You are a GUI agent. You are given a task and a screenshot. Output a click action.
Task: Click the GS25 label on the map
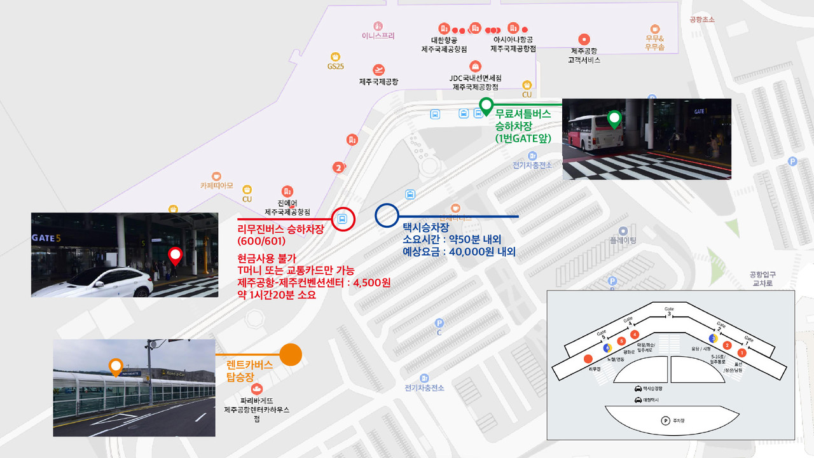(335, 66)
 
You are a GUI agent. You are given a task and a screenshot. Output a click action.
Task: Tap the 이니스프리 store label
(378, 36)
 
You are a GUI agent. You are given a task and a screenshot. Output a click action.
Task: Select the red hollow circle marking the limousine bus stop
(343, 219)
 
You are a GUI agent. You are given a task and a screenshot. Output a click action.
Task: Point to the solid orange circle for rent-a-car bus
(291, 354)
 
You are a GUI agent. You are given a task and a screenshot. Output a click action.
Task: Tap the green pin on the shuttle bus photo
(614, 119)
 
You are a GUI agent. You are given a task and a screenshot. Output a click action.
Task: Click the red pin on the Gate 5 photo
(175, 256)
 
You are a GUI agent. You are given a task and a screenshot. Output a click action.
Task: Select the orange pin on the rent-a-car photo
(116, 366)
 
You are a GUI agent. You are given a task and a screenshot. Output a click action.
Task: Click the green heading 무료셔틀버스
(523, 113)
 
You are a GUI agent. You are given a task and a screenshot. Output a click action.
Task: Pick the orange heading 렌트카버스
(249, 365)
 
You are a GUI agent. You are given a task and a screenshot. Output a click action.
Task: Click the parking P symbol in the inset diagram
(665, 420)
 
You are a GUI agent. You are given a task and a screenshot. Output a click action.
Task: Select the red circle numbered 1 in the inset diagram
(741, 352)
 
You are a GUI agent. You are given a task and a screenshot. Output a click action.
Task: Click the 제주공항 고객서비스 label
(584, 55)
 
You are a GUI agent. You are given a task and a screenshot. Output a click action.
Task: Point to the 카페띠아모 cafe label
(216, 186)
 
